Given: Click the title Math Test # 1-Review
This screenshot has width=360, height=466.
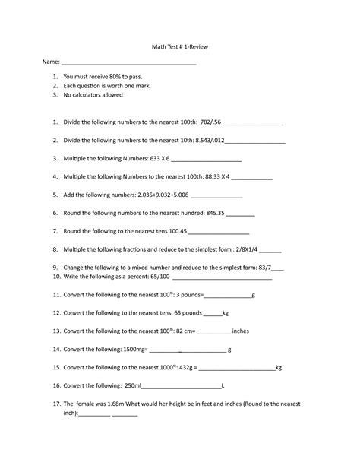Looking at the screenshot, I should point(179,47).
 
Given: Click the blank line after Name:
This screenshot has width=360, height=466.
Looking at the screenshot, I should point(128,64).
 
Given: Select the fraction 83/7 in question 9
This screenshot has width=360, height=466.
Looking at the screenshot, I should point(263,268).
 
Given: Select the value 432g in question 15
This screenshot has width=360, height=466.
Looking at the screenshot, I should point(188,367).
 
